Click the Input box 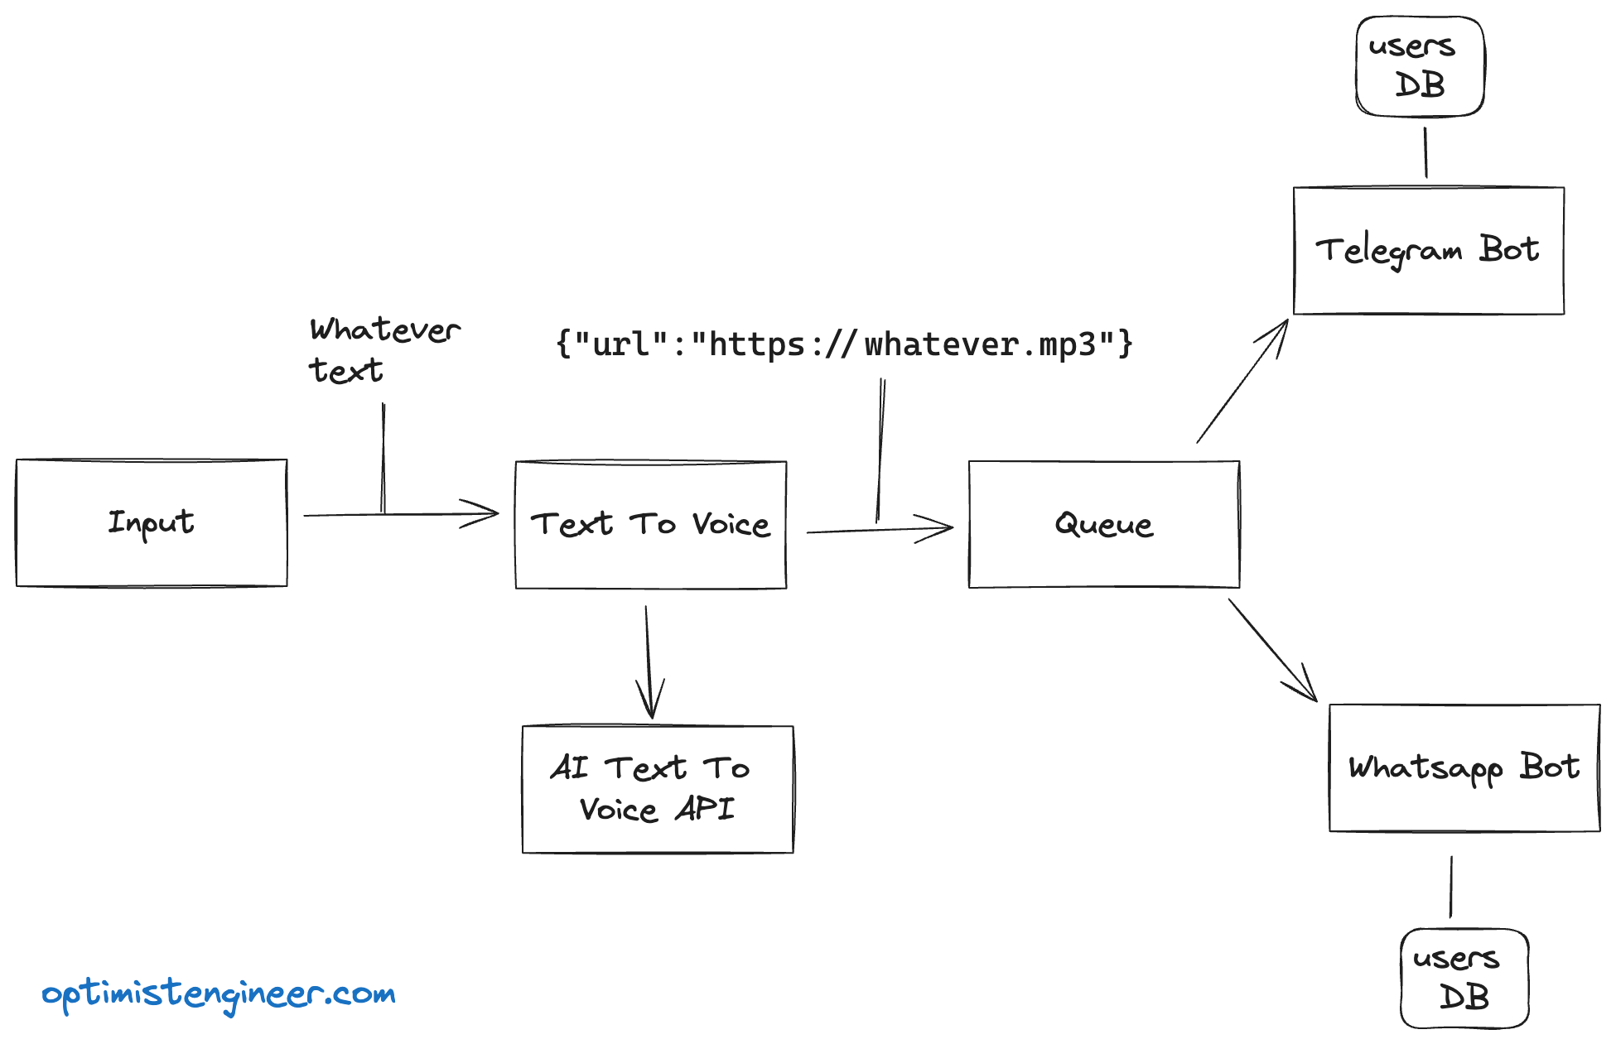tap(152, 523)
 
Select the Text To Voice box tap(651, 525)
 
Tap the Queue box tap(1104, 525)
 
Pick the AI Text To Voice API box tap(658, 789)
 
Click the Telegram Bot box tap(1429, 251)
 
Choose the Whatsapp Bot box tap(1464, 768)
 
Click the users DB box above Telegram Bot tap(1420, 66)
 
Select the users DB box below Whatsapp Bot tap(1464, 978)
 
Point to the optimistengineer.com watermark tap(219, 994)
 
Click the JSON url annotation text tap(844, 344)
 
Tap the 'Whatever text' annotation tap(383, 349)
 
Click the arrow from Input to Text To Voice tap(398, 514)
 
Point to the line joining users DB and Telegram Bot tap(1425, 152)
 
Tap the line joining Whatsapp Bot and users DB tap(1451, 887)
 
